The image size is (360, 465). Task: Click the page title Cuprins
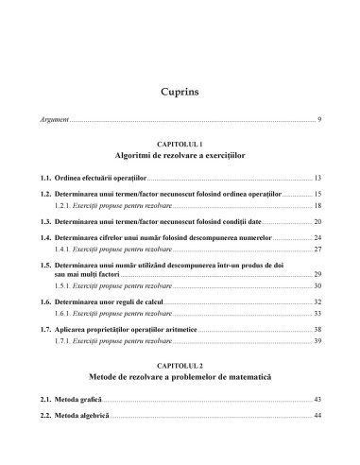pos(180,91)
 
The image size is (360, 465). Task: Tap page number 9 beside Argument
pos(320,120)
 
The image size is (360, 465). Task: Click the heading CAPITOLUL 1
pos(180,139)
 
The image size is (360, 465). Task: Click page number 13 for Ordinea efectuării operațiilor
pos(318,177)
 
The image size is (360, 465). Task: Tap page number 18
pos(318,205)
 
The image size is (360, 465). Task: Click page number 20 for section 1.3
pos(318,220)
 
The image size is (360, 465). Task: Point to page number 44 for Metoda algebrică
pos(318,416)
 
